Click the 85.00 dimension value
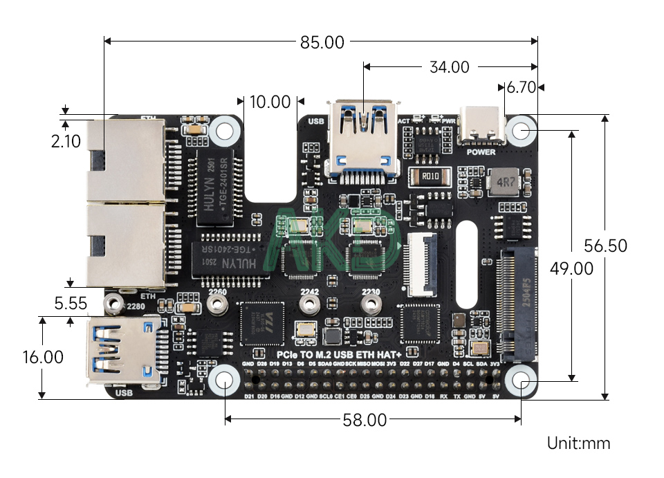(x=322, y=42)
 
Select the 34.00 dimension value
(x=449, y=67)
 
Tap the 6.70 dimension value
(x=522, y=88)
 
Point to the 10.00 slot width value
(x=270, y=102)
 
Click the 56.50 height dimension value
(x=605, y=246)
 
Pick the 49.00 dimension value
(x=571, y=268)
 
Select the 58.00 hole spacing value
(x=365, y=420)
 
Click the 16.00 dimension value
(x=42, y=357)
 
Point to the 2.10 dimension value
(x=66, y=142)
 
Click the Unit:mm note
(x=578, y=443)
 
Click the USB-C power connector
(x=481, y=126)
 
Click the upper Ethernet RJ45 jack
(x=124, y=156)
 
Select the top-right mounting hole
(x=521, y=131)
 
